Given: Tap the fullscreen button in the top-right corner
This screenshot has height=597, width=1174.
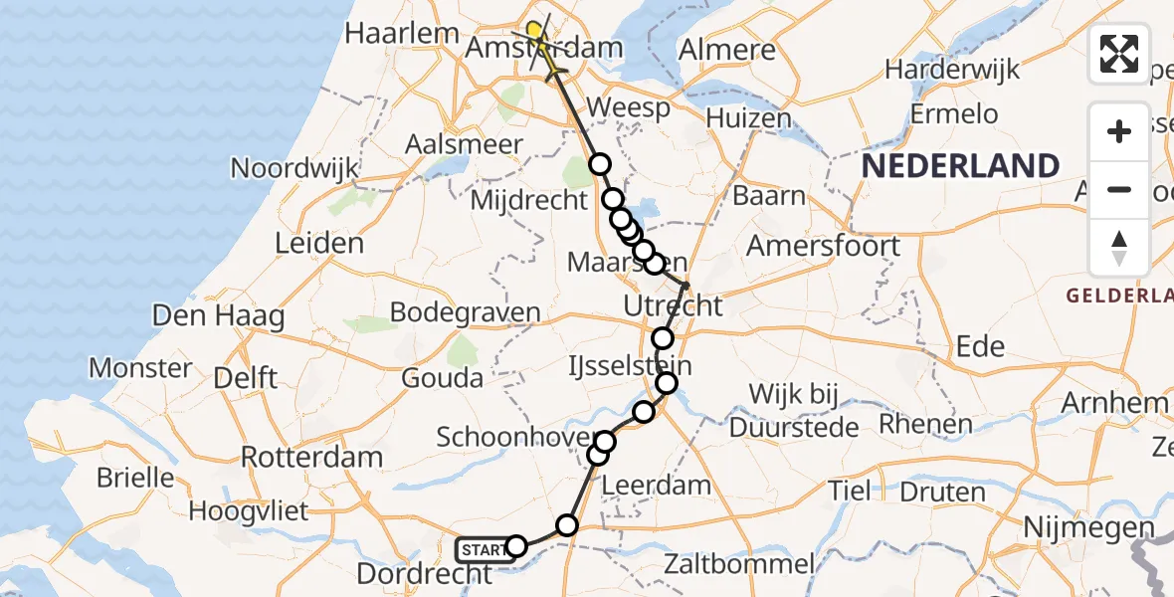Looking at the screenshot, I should point(1119,54).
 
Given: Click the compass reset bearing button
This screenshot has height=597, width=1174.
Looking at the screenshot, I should point(1119,248).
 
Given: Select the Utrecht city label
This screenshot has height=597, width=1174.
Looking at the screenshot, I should point(674,305).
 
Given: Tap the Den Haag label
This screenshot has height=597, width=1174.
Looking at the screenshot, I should point(218,317).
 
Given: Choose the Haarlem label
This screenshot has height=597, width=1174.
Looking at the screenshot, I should point(402,33).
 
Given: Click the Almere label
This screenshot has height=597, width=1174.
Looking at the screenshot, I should point(726,50).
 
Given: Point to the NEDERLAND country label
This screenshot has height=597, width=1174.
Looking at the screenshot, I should point(959,166).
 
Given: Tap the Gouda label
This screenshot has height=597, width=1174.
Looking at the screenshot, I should point(443,378).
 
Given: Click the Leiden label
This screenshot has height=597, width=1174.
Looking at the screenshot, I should point(319,243).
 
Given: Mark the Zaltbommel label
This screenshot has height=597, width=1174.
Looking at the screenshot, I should point(742,565).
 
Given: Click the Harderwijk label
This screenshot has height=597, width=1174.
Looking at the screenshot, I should point(953,70).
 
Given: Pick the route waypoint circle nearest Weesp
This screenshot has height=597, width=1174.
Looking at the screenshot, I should point(599,164).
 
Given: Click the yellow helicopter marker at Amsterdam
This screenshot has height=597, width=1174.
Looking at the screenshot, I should point(536,33).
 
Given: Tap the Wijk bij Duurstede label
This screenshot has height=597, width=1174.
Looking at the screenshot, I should point(794,410).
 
